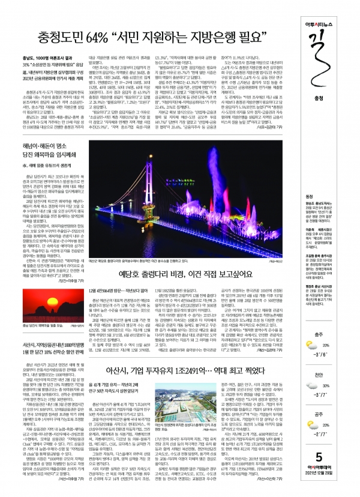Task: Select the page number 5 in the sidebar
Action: pyautogui.click(x=340, y=471)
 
